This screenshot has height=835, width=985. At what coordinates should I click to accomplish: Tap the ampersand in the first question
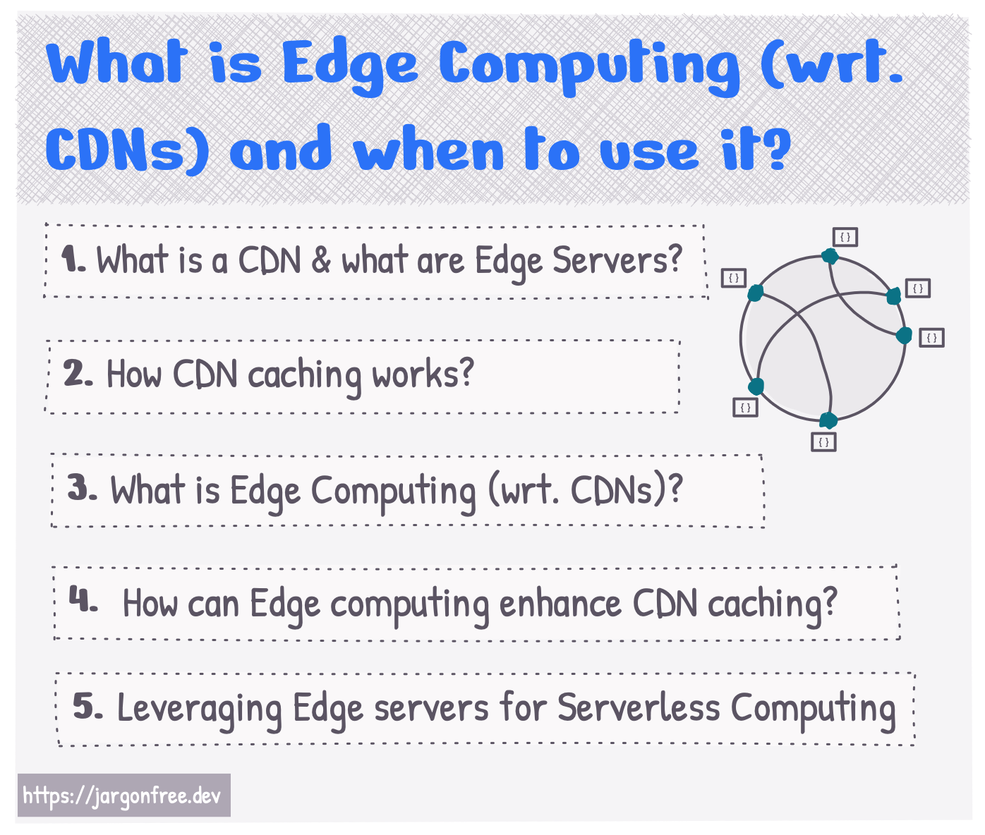pos(321,260)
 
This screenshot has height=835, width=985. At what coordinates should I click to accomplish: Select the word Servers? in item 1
pos(617,260)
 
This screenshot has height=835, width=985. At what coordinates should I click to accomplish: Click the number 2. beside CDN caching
pos(78,373)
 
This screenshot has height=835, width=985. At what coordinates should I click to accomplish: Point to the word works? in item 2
pos(423,374)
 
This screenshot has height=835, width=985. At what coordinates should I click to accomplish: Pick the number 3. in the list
pos(82,488)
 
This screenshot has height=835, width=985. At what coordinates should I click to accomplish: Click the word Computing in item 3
pos(393,492)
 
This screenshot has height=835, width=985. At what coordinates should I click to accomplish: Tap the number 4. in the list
pos(83,599)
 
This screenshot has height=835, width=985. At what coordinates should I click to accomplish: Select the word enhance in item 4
pos(560,603)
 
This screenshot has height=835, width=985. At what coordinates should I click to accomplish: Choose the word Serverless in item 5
pos(639,707)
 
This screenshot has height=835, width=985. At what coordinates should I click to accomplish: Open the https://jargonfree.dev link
pos(123,796)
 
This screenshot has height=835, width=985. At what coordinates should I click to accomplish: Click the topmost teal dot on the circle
pos(830,256)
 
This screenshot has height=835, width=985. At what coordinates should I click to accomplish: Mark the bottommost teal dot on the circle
pos(828,420)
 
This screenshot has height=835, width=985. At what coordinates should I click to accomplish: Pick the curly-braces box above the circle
pos(845,237)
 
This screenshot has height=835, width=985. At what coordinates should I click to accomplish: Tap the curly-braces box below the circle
pos(823,441)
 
